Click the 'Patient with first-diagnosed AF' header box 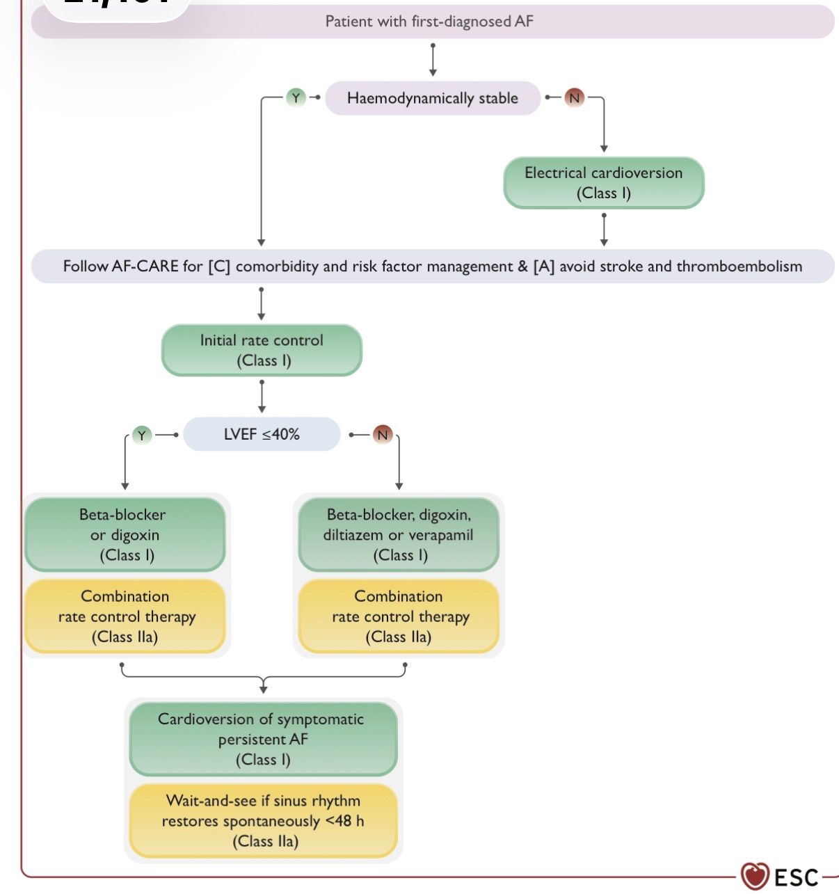432,21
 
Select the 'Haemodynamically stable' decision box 432,97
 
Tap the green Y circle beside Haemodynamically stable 296,97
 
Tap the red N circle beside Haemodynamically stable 574,97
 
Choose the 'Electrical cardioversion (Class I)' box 603,183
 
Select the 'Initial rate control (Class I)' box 262,350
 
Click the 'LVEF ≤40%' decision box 262,434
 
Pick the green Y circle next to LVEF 142,436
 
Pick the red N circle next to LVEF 383,435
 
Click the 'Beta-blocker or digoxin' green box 125,534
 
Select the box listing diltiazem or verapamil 399,534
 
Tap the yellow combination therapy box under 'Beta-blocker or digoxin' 125,616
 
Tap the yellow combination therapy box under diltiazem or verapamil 399,616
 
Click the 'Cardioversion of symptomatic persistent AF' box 263,739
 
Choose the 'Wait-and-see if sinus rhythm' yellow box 263,821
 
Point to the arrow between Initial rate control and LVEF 262,397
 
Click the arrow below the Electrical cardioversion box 604,230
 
